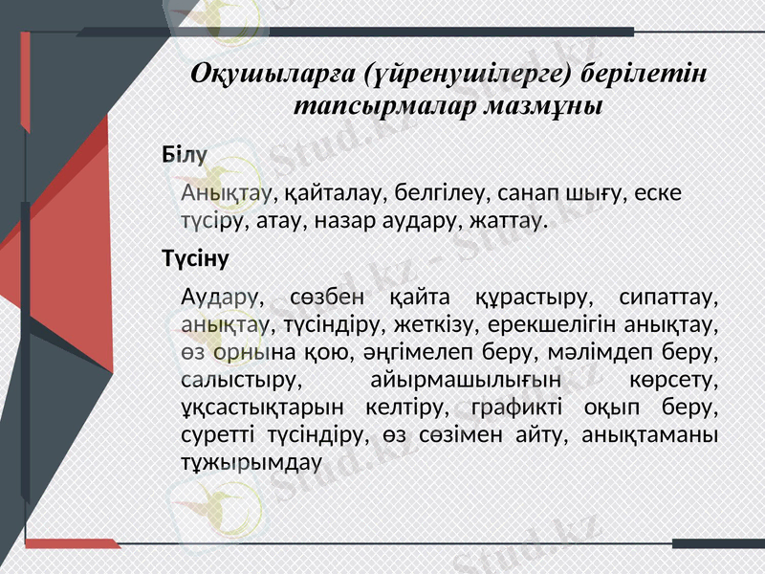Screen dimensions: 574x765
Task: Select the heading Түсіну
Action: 195,258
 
